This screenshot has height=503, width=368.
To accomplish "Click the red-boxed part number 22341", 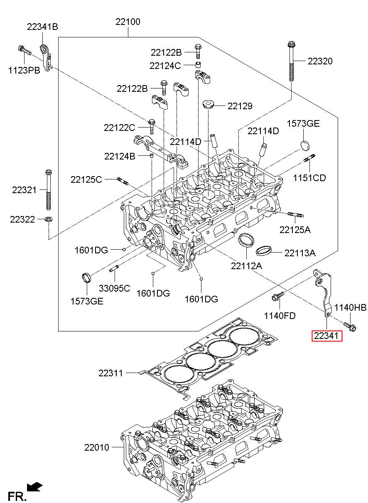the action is (326, 336).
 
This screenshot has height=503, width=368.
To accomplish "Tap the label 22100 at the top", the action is (128, 22).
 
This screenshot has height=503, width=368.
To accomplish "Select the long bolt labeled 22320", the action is (291, 61).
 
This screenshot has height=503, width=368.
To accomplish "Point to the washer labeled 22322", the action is (49, 218).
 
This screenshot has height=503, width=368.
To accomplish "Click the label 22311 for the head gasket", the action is (111, 373).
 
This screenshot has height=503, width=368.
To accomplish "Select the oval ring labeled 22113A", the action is (264, 250).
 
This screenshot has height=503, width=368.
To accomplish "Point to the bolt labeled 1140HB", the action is (350, 327).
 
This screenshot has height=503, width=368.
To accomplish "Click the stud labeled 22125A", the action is (295, 215).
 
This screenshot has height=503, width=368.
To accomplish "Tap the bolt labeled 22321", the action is (49, 190).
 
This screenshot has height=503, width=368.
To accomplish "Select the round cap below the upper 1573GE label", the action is (305, 145).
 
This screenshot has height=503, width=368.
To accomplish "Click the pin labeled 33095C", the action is (114, 268).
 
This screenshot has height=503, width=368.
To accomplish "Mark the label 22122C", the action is (120, 128).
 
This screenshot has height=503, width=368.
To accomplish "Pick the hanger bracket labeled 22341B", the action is (46, 58).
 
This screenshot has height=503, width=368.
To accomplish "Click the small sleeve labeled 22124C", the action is (198, 65).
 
